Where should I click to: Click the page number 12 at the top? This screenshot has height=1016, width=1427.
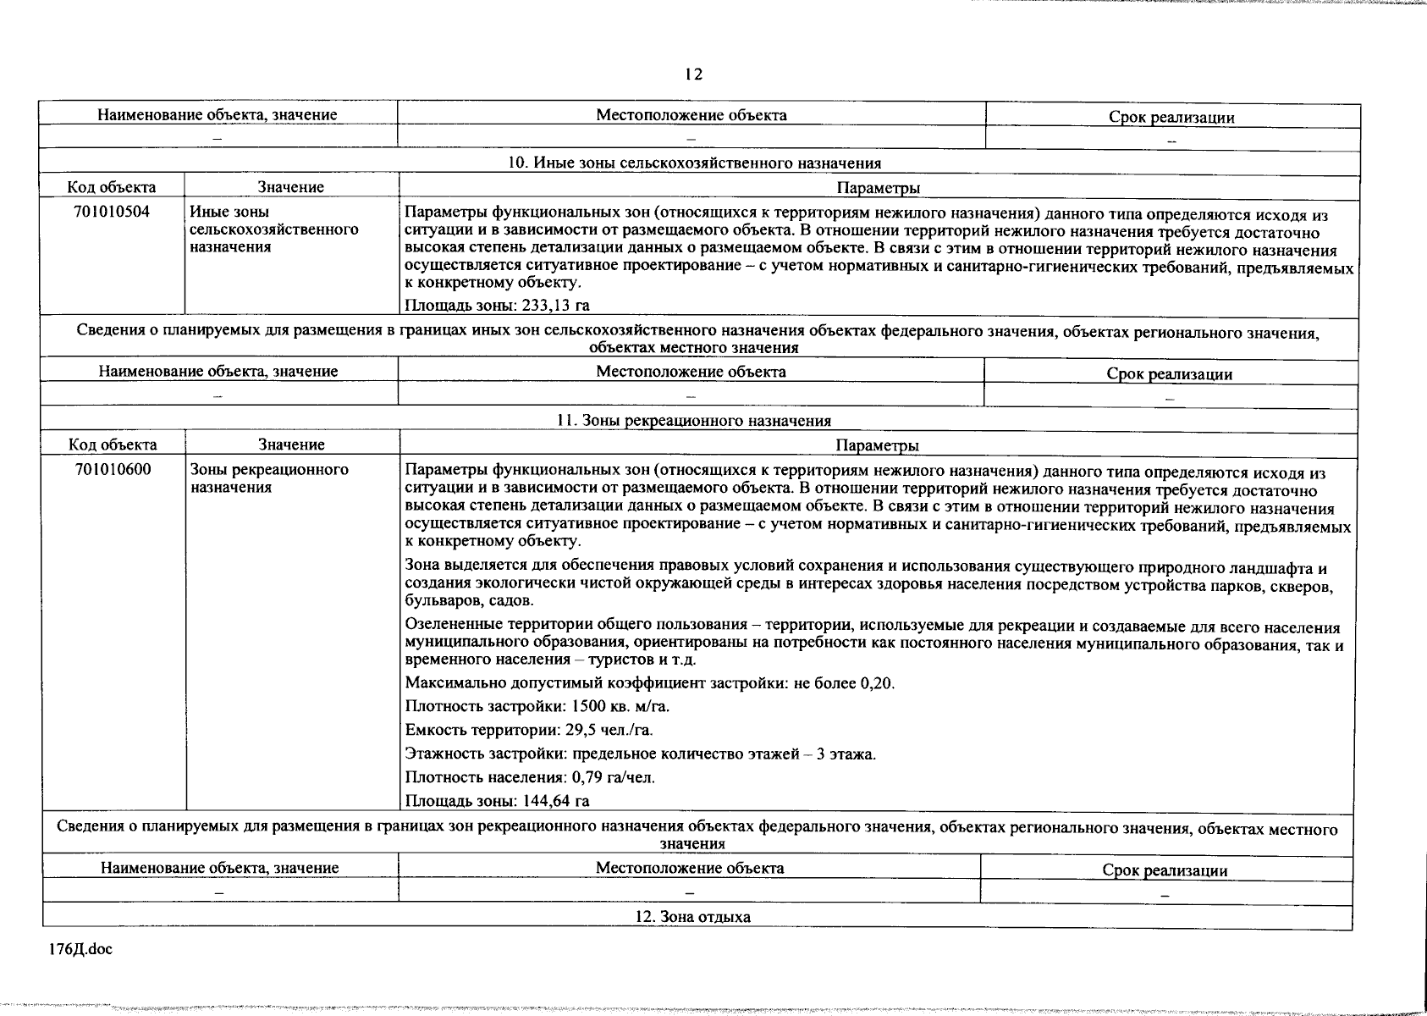(x=693, y=75)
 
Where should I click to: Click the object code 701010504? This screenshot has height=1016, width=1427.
(x=112, y=212)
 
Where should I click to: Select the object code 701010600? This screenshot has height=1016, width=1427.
(x=113, y=469)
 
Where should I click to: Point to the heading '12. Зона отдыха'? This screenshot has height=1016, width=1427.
(x=692, y=917)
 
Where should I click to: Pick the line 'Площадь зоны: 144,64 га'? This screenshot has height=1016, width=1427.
(x=498, y=801)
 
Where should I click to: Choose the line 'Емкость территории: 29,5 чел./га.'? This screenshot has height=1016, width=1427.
(x=529, y=730)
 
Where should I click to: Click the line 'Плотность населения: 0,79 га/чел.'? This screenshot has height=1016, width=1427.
(x=530, y=777)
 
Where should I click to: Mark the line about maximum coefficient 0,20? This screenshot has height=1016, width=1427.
(x=649, y=683)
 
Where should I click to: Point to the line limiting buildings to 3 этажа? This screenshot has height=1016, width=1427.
(x=640, y=754)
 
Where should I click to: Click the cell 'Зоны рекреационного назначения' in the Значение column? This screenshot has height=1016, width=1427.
(x=269, y=478)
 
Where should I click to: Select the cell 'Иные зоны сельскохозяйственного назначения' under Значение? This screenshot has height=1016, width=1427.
(x=273, y=229)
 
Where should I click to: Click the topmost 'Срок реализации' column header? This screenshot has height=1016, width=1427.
(x=1171, y=118)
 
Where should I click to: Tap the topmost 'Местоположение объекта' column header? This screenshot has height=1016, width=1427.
(x=691, y=115)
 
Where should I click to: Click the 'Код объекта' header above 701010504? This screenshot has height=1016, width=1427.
(x=112, y=187)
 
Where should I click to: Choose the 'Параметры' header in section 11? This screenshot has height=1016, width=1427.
(x=877, y=445)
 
